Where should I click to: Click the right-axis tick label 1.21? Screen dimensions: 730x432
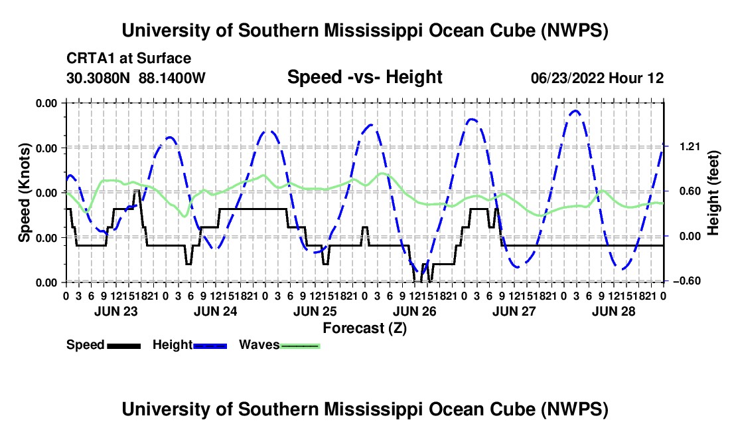(x=690, y=147)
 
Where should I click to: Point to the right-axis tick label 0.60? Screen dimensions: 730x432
(x=690, y=191)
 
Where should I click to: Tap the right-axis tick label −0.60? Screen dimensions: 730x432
(x=686, y=281)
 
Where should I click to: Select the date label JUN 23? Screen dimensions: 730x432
(x=116, y=311)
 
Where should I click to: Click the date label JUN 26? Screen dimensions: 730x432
(x=415, y=311)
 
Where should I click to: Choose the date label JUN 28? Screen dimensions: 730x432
(x=614, y=311)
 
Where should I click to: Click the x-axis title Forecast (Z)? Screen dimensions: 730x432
(x=365, y=328)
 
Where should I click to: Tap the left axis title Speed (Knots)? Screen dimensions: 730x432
(x=24, y=193)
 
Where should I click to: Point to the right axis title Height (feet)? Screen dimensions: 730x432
(x=713, y=193)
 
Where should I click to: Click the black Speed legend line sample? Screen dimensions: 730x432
(x=124, y=346)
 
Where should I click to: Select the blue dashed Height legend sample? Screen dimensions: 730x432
(x=210, y=346)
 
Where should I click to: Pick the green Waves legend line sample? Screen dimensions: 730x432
(x=300, y=346)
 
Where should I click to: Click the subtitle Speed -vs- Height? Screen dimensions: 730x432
(x=365, y=77)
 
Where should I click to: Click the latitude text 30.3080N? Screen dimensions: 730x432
(x=98, y=78)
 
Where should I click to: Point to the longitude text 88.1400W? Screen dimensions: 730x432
(x=172, y=78)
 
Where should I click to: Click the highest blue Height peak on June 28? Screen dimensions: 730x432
(x=576, y=111)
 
